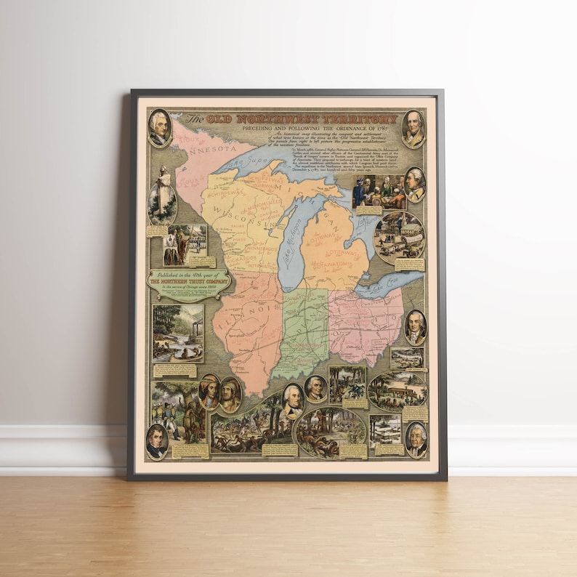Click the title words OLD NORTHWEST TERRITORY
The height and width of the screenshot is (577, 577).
click(301, 119)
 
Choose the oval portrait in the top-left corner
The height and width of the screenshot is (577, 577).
click(159, 129)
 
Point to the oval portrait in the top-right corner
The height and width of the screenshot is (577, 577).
click(413, 129)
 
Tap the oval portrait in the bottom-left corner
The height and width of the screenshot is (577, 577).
click(157, 440)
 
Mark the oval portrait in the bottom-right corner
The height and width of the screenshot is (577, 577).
click(416, 439)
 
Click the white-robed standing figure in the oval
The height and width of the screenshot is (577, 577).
click(162, 193)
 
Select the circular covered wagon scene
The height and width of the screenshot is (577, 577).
click(399, 236)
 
